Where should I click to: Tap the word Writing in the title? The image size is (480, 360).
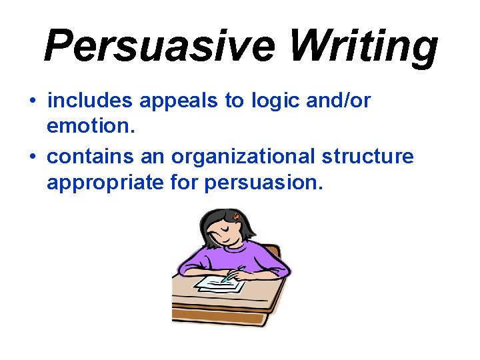[363, 45]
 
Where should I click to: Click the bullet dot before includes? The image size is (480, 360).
[33, 102]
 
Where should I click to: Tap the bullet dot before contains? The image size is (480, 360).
[33, 157]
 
